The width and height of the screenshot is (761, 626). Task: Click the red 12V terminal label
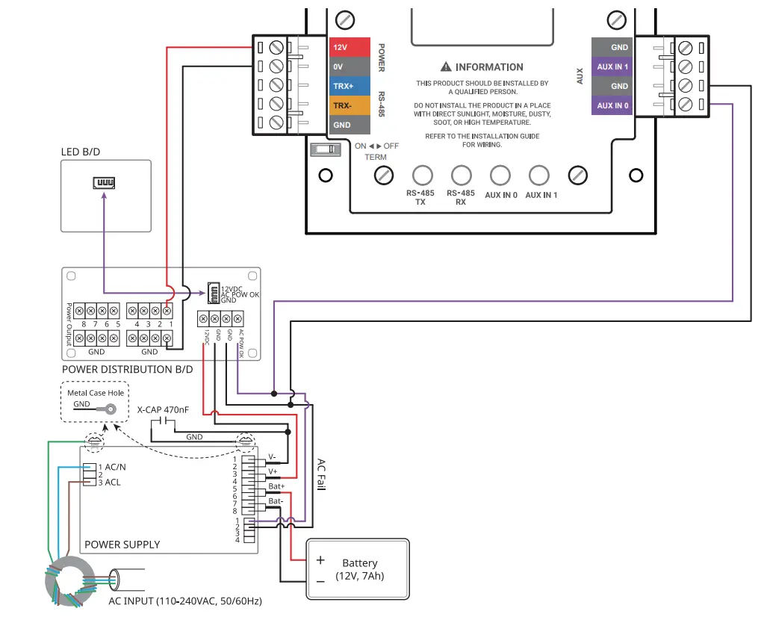[350, 47]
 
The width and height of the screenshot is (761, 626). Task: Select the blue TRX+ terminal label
[350, 86]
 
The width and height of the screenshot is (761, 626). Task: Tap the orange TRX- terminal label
[350, 105]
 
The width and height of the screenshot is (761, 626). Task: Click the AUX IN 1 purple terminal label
[612, 66]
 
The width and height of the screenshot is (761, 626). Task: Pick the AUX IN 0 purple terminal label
[612, 105]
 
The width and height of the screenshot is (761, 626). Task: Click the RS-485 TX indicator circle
[423, 176]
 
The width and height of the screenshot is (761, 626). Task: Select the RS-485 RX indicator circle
[462, 176]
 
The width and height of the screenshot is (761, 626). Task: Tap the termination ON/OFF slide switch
[324, 149]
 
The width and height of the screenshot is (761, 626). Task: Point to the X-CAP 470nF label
[163, 410]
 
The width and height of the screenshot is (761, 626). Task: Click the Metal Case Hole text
[96, 392]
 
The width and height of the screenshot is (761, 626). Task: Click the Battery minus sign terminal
[320, 580]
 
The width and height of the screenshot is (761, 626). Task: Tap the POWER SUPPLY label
[122, 545]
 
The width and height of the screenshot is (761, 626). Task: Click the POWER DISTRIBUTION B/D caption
[127, 369]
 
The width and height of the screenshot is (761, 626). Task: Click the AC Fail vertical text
[321, 474]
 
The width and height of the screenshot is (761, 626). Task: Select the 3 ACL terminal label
[109, 483]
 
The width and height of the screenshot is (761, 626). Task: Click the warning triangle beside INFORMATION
[446, 67]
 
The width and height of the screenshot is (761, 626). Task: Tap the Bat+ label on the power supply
[276, 486]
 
